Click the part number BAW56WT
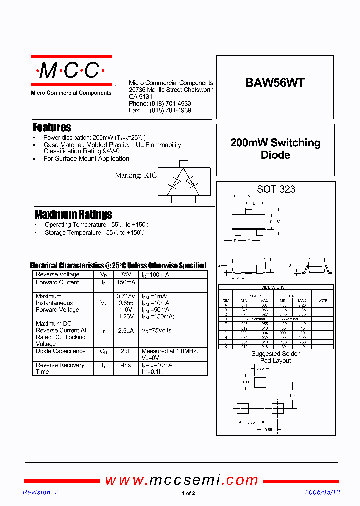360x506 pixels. coord(274,83)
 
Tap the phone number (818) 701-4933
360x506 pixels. coord(170,104)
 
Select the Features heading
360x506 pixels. coord(52,128)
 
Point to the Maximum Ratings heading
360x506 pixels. coord(73,215)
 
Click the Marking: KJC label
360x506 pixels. coord(136,175)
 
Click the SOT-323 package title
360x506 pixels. coord(276,189)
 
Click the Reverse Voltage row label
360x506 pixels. coord(58,275)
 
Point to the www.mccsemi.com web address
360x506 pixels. coord(182,480)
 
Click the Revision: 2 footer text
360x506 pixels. coord(41,492)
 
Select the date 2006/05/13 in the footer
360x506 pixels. coord(323,492)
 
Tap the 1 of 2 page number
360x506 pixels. coord(188,494)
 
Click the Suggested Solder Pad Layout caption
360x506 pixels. coord(275,357)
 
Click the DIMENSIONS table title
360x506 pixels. coord(273,287)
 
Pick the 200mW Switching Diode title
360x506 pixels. coord(275,149)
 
